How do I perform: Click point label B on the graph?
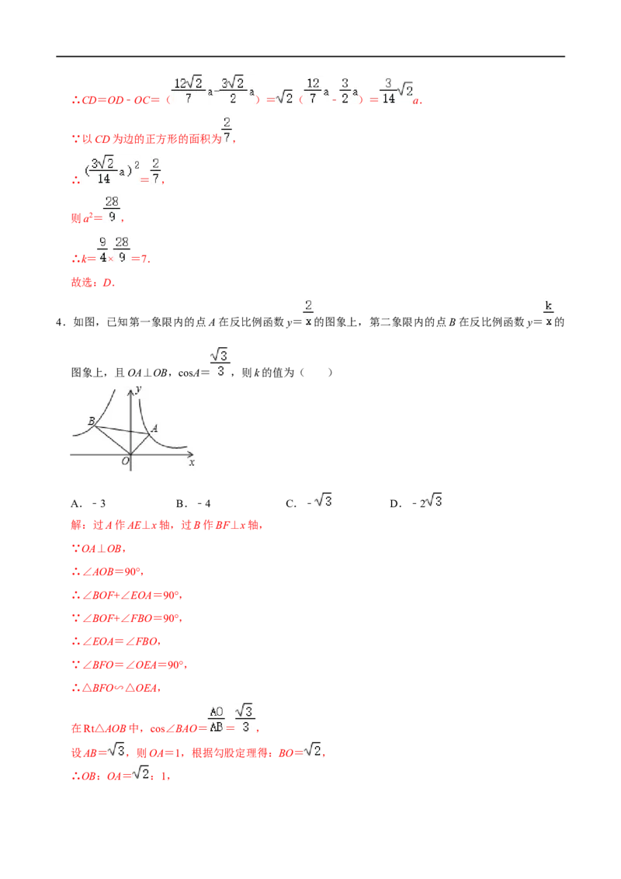click(92, 421)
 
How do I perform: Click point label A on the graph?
click(154, 429)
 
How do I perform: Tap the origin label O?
click(125, 460)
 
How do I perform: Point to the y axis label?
click(138, 388)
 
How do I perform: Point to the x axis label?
click(192, 463)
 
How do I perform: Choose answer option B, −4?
click(193, 503)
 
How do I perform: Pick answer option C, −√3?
click(309, 501)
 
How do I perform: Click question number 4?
click(60, 322)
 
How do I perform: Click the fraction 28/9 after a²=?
click(112, 209)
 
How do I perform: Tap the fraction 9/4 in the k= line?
click(102, 249)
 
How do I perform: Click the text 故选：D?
click(93, 283)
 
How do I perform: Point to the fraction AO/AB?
click(217, 720)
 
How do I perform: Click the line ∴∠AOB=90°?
click(107, 572)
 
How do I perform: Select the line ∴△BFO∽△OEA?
click(116, 688)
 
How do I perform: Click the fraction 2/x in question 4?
click(308, 313)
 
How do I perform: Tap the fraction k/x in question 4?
click(549, 314)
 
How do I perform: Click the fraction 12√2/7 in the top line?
click(189, 90)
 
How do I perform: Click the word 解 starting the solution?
click(76, 525)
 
